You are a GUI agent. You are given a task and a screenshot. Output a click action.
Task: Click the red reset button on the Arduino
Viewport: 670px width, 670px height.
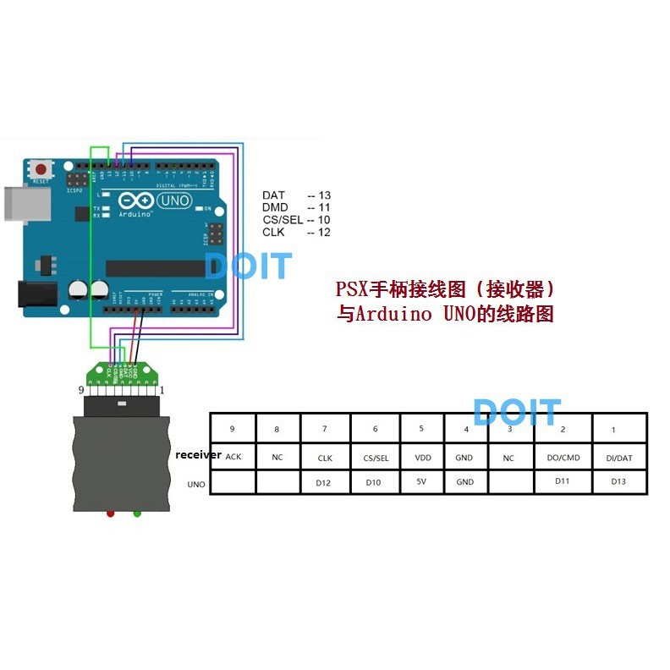point(41,169)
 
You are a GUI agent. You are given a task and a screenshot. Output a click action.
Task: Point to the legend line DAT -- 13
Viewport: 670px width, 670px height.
point(296,195)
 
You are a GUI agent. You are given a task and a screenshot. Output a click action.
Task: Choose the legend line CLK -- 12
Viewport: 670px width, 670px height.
point(296,232)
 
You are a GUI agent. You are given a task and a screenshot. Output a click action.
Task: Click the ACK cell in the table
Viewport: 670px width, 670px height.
point(233,457)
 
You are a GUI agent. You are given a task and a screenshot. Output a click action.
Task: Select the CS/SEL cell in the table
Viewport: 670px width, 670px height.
point(376,458)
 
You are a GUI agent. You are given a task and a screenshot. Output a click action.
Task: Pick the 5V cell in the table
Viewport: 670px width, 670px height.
point(421,482)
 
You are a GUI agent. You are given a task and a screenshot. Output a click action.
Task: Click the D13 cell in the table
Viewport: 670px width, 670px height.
point(619,482)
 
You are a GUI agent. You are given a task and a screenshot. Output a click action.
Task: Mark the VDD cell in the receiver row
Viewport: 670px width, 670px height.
point(421,458)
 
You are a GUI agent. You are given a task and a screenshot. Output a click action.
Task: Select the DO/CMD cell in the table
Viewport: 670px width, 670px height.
point(563,458)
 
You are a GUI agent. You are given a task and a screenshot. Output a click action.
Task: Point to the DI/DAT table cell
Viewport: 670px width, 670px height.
point(619,458)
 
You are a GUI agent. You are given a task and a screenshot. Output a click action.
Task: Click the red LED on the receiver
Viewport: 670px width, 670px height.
point(110,513)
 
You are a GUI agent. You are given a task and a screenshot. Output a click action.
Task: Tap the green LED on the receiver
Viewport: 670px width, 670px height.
point(137,513)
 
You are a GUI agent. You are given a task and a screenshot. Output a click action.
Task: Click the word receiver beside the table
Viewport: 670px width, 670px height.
point(198,455)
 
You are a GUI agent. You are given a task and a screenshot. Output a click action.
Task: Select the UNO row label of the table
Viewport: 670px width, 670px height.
point(196,484)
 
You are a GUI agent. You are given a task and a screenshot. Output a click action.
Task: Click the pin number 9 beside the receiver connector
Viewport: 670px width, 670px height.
point(80,390)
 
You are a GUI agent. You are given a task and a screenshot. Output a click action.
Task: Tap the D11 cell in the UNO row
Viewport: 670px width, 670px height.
point(563,481)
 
